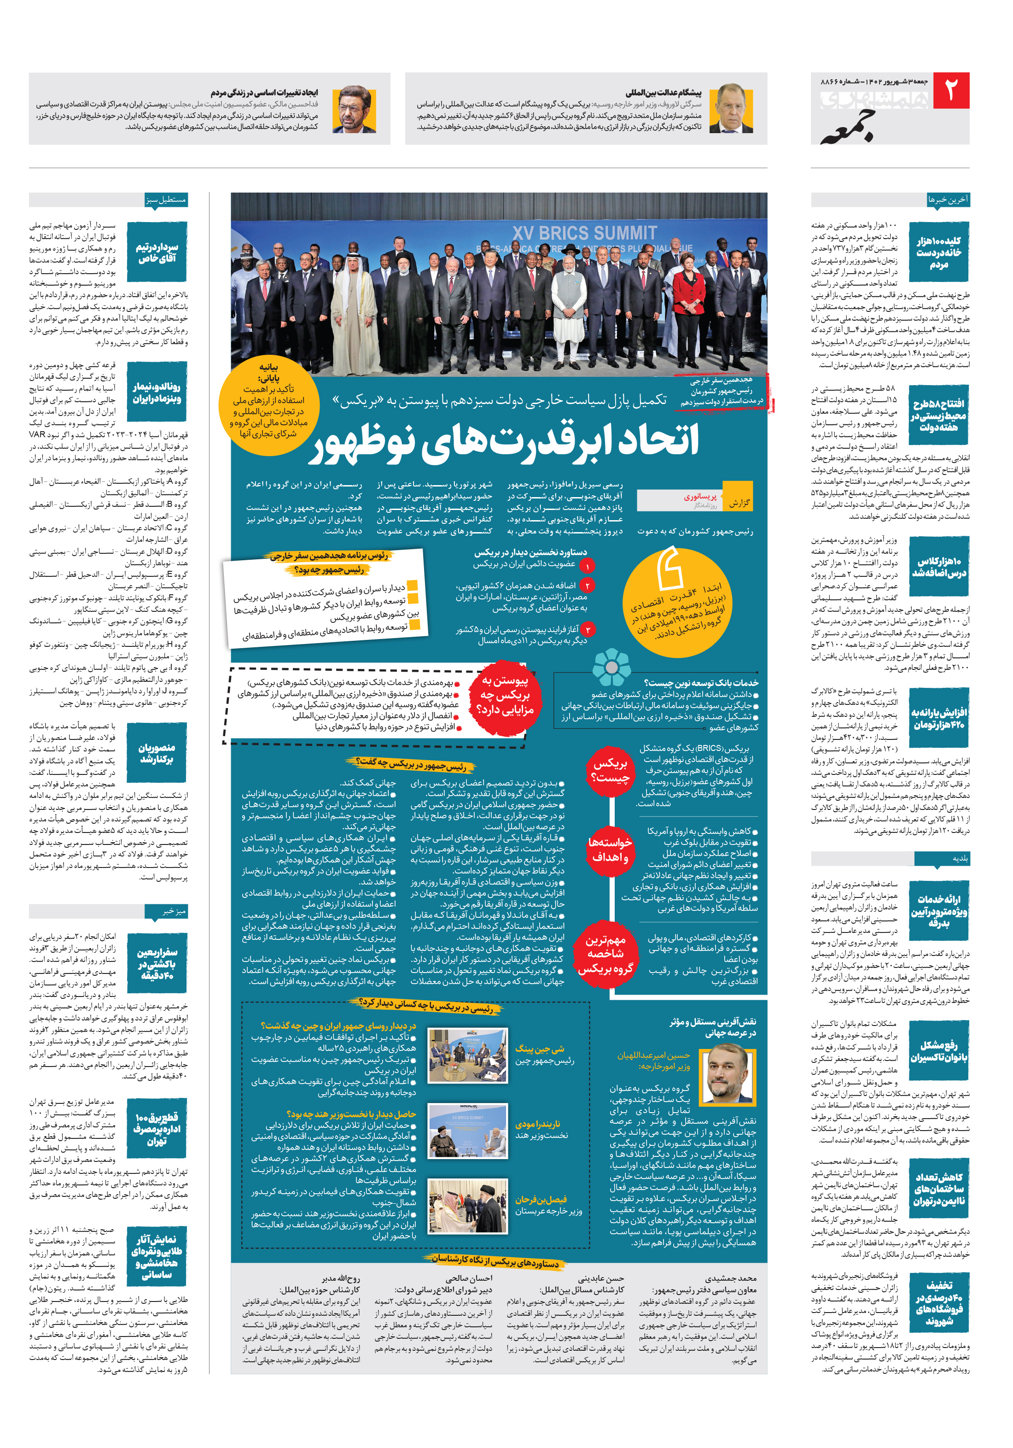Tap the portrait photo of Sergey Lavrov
pyautogui.click(x=731, y=108)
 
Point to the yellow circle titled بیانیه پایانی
pyautogui.click(x=269, y=400)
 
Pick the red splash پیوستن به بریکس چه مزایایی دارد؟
pyautogui.click(x=505, y=696)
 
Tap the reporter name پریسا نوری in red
pyautogui.click(x=700, y=496)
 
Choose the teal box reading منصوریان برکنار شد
pyautogui.click(x=157, y=754)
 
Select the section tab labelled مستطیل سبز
pyautogui.click(x=165, y=200)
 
